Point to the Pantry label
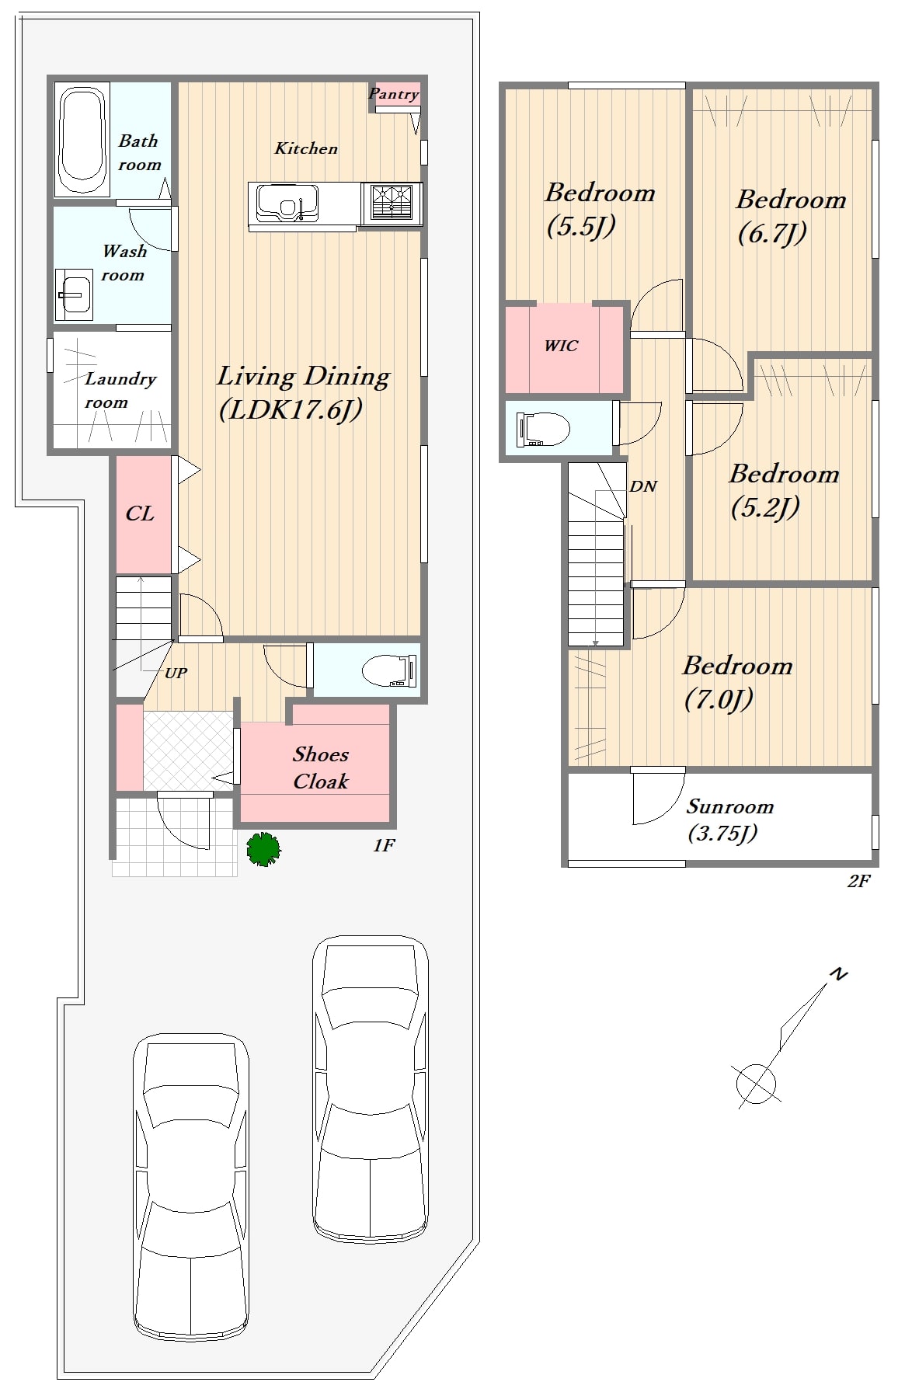(393, 94)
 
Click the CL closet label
(140, 513)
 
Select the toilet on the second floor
(542, 428)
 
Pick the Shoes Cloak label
(321, 768)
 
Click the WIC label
(561, 346)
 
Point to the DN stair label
(643, 487)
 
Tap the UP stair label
(176, 673)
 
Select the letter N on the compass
(838, 973)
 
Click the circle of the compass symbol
(756, 1082)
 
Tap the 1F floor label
(384, 845)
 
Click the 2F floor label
(858, 881)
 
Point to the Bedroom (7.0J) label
(737, 682)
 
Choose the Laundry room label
(120, 390)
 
